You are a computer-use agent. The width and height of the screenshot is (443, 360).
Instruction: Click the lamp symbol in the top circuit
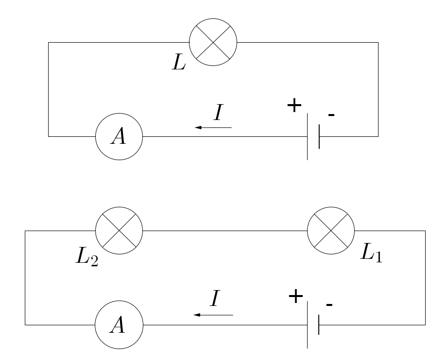click(213, 42)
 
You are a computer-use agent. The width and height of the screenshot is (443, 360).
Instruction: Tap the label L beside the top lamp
click(179, 62)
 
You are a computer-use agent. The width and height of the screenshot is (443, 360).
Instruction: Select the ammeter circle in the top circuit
click(119, 136)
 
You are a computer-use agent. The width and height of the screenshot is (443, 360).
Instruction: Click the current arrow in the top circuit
click(213, 128)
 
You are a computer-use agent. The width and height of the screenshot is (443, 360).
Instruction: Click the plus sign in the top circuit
click(295, 106)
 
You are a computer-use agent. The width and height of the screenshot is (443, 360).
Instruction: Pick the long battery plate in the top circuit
click(308, 136)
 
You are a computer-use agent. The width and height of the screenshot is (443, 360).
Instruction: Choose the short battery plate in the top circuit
click(319, 136)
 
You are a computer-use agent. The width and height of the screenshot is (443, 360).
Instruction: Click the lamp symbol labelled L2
click(119, 231)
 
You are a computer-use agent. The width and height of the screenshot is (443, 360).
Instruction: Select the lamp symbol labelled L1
click(331, 231)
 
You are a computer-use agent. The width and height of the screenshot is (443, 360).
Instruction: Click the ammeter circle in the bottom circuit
click(119, 325)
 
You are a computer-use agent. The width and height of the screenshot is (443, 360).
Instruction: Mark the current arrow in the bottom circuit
click(213, 315)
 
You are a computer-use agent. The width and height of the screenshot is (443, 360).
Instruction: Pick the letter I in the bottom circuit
click(215, 299)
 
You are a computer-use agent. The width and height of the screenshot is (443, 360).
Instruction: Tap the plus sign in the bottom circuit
click(296, 297)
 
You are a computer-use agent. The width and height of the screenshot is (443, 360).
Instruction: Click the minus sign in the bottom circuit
click(329, 303)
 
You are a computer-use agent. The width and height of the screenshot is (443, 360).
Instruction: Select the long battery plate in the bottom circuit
click(308, 325)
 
